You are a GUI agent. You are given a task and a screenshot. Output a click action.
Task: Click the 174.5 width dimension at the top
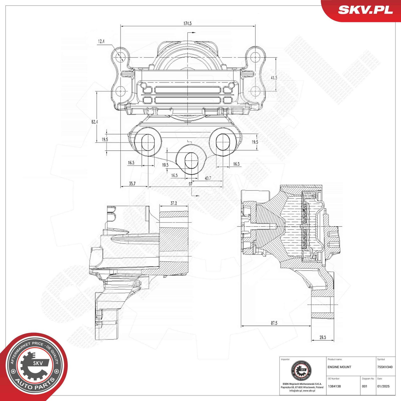click(x=187, y=23)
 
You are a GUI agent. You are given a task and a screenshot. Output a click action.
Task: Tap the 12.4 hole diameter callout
click(x=101, y=42)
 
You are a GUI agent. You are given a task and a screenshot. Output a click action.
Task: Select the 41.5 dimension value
click(x=274, y=78)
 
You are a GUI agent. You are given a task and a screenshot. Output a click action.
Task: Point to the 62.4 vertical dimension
click(x=94, y=122)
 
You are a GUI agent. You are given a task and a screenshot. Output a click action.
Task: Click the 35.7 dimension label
click(x=132, y=183)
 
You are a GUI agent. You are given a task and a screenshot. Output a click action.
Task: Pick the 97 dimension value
click(x=190, y=184)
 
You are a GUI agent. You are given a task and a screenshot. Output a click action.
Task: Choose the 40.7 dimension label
click(x=208, y=178)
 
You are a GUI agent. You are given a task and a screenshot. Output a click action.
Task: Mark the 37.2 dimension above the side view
click(x=173, y=203)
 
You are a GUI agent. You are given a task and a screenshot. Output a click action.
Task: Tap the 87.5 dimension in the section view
click(x=274, y=323)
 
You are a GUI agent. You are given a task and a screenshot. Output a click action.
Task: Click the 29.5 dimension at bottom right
click(x=323, y=337)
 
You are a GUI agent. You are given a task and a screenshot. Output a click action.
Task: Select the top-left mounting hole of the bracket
click(x=121, y=57)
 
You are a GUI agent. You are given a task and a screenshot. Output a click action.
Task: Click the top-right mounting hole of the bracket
click(x=255, y=57)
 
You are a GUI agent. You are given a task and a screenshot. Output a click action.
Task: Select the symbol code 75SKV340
click(x=385, y=367)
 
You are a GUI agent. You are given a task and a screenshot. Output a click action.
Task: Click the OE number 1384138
click(x=334, y=386)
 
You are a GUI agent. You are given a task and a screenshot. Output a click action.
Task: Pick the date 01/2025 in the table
click(x=383, y=386)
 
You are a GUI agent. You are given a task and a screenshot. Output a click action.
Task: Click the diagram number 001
click(x=365, y=386)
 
